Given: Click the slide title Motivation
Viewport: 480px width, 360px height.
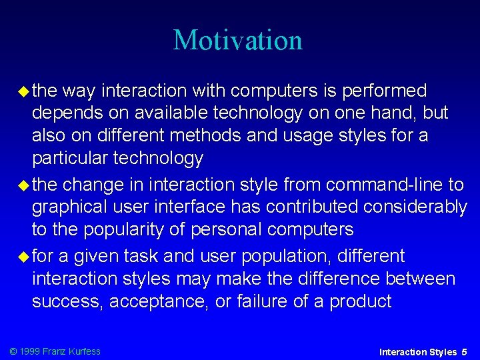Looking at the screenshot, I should [x=238, y=40].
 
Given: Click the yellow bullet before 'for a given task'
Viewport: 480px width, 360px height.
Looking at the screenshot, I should [x=21, y=256].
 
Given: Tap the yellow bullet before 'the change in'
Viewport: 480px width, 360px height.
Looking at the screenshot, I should [x=21, y=183].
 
